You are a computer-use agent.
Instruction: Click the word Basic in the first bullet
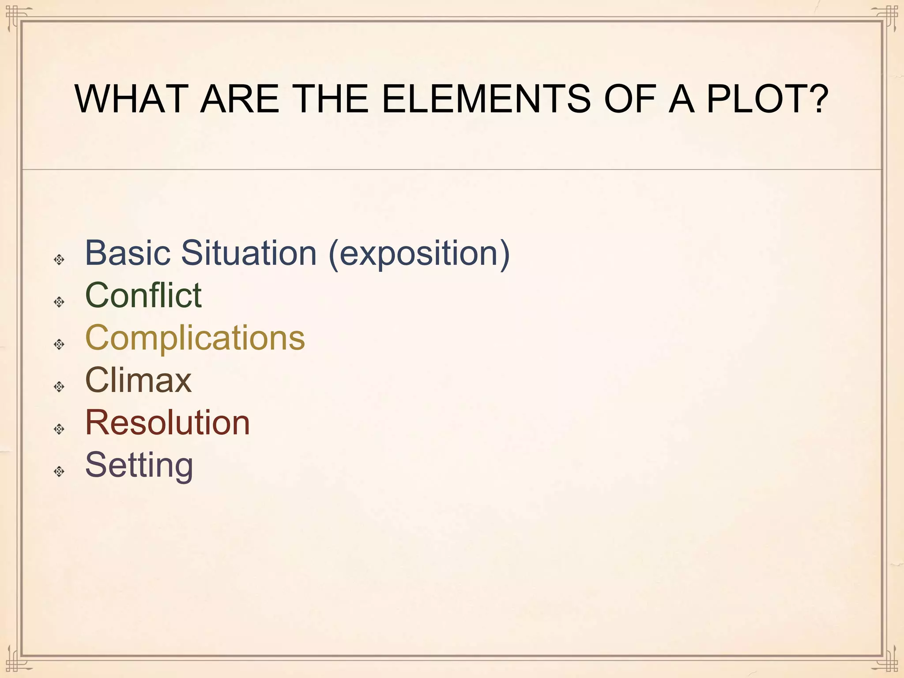(128, 253)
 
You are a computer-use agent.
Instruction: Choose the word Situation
(249, 253)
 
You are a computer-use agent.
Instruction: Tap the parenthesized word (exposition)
(419, 254)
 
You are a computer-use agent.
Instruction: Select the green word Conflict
(143, 295)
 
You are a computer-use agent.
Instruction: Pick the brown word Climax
(138, 380)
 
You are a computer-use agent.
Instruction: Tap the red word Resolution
(167, 423)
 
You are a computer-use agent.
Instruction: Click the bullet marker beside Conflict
(59, 302)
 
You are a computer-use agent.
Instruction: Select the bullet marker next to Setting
(59, 471)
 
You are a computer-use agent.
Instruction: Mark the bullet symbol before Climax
(59, 387)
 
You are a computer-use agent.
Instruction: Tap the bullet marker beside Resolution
(59, 429)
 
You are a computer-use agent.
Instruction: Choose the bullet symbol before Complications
(59, 344)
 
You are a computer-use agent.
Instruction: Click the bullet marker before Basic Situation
(59, 260)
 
